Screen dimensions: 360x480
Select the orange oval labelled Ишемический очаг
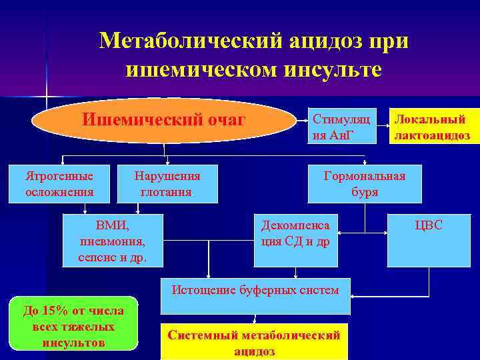point(164,121)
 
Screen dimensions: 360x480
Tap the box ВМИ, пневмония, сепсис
point(113,240)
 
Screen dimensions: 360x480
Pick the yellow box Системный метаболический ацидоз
point(254,342)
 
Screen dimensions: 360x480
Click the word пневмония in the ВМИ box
point(113,241)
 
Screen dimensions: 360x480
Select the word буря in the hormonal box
point(365,192)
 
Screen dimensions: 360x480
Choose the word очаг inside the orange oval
point(224,121)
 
